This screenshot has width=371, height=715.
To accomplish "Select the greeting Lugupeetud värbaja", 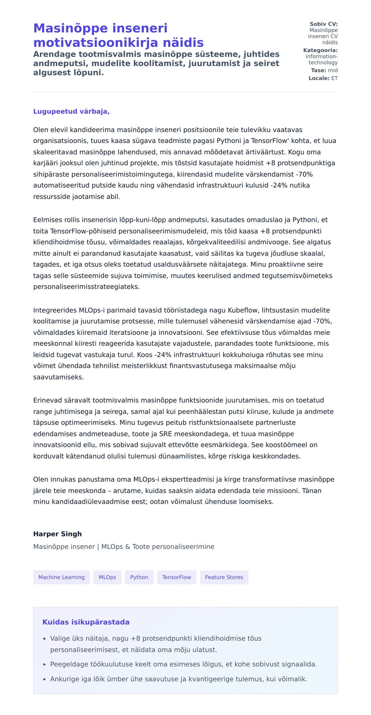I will (71, 111).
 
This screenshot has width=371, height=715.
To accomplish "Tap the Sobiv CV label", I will (323, 24).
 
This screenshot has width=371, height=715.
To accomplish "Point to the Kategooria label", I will (320, 50).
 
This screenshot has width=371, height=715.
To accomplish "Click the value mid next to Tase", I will (333, 70).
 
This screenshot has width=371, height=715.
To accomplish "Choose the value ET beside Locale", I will (335, 78).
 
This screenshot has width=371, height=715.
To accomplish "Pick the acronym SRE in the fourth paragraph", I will (165, 434).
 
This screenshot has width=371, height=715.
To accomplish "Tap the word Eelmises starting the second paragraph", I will (47, 220).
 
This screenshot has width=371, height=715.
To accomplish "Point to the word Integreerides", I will (55, 310).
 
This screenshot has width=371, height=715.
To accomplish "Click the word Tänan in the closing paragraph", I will (312, 491).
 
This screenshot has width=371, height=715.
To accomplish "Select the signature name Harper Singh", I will (58, 534).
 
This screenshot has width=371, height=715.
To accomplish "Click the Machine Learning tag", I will (61, 577).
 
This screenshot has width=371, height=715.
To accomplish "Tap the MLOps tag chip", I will (107, 577).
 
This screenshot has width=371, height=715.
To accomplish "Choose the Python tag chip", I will (139, 577).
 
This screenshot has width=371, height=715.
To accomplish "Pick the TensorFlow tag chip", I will (177, 577).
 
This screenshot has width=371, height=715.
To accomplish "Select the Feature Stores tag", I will (224, 577).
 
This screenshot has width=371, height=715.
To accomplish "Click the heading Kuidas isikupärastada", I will (86, 622).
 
